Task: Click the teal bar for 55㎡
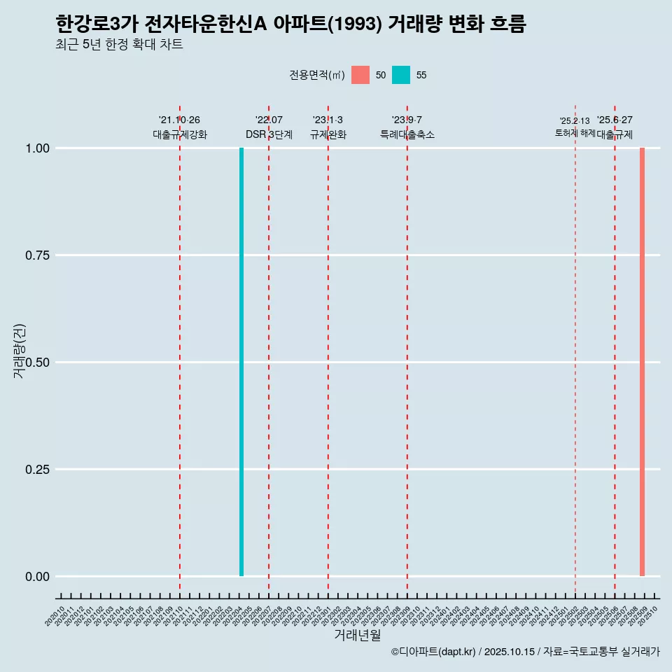(x=241, y=362)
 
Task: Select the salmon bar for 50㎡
(x=642, y=362)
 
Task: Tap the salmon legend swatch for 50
(x=360, y=75)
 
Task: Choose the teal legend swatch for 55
(x=401, y=75)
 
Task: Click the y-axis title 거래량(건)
(x=20, y=351)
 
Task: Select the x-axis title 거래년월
(x=357, y=636)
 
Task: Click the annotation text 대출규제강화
(x=180, y=134)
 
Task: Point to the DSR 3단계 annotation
(x=269, y=134)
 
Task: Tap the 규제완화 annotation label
(x=328, y=134)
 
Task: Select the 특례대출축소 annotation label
(x=407, y=134)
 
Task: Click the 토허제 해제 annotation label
(x=575, y=132)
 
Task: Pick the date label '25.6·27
(x=615, y=120)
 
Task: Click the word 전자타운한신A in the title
(x=206, y=24)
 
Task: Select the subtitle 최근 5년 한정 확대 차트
(x=119, y=45)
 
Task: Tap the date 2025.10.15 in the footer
(x=509, y=652)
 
